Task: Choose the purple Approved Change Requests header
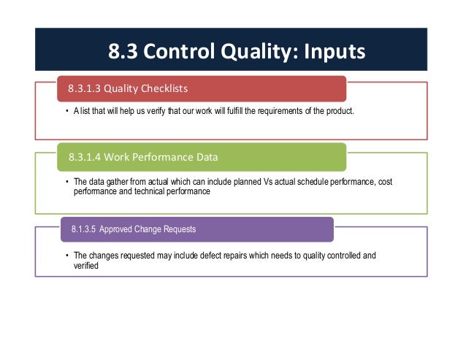[197, 229]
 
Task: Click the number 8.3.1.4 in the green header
[85, 156]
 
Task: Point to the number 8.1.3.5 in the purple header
[84, 229]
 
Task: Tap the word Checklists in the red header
[161, 89]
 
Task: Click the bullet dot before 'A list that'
[65, 111]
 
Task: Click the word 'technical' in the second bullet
[150, 191]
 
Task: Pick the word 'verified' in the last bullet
[86, 266]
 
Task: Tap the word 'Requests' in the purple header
[179, 229]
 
